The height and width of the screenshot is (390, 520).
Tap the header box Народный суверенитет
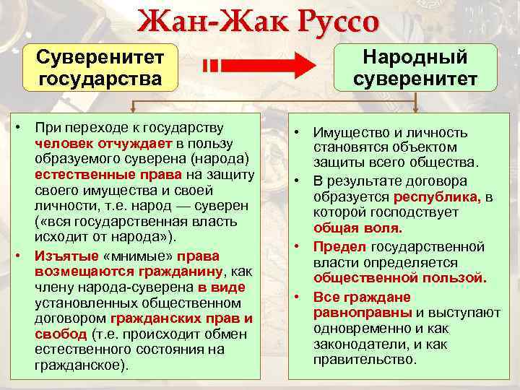[x=415, y=67]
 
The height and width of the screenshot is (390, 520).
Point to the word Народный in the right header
[x=415, y=57]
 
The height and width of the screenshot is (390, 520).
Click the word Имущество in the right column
[x=346, y=133]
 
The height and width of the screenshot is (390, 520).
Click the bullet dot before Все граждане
[x=297, y=297]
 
